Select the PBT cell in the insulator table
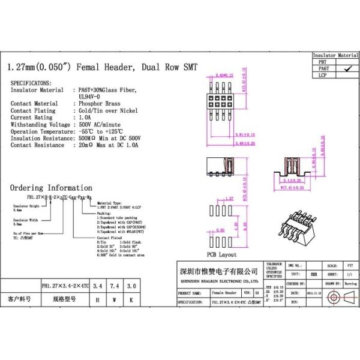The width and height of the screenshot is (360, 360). tap(323, 62)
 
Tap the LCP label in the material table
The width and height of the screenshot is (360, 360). tap(323, 76)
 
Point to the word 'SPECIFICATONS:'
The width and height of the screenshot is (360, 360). tap(31, 82)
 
